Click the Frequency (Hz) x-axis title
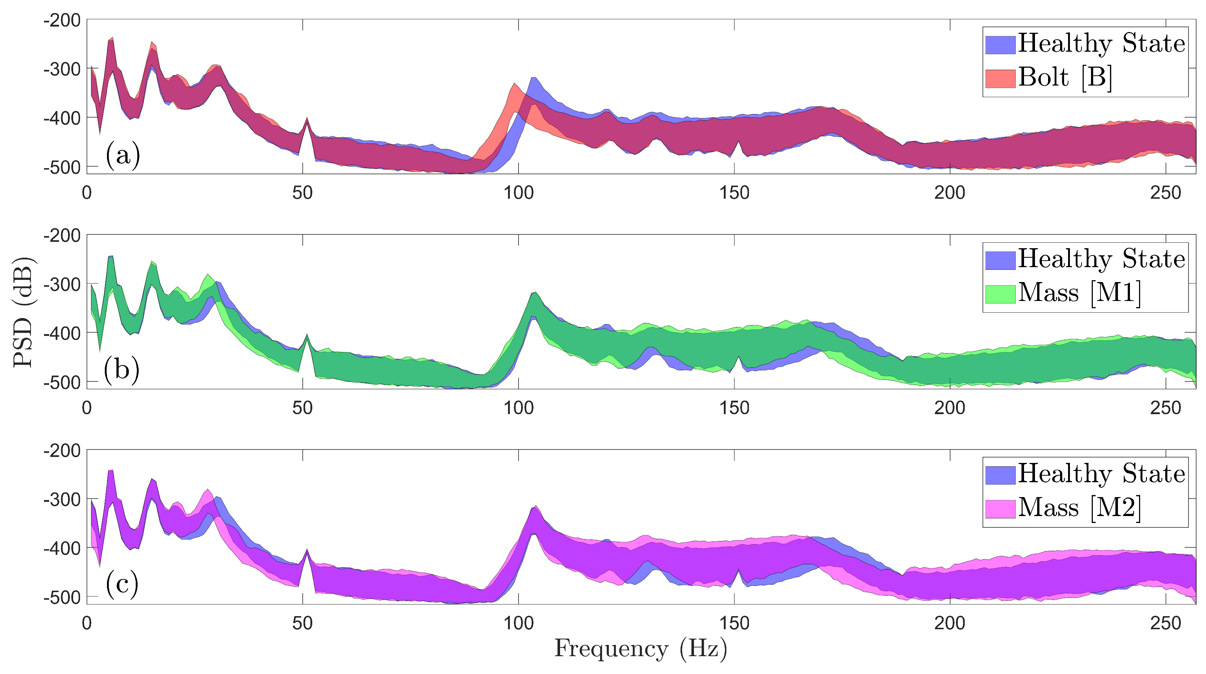click(640, 649)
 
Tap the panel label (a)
click(123, 155)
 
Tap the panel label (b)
click(122, 370)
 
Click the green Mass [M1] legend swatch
click(1000, 293)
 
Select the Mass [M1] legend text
click(1079, 293)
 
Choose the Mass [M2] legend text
click(1079, 508)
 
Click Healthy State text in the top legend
click(1101, 44)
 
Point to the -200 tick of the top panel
click(62, 21)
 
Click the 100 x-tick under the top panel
click(518, 193)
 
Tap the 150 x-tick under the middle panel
click(734, 408)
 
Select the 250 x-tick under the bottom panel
click(1165, 623)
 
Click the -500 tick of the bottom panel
click(62, 597)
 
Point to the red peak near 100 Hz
click(514, 85)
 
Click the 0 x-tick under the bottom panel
click(87, 623)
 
